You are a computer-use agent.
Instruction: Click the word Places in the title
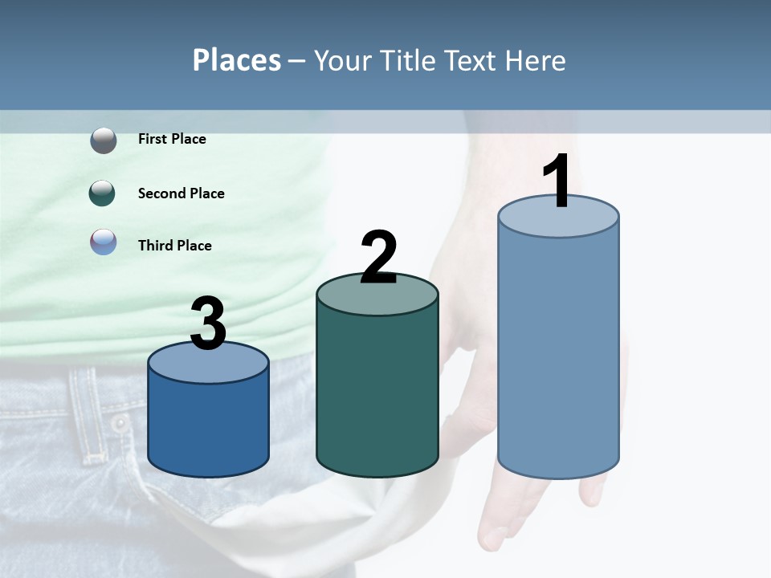pos(236,60)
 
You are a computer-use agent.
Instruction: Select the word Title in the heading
pos(406,60)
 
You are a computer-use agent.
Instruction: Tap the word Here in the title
pos(535,60)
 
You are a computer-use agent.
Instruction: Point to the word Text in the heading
pos(471,60)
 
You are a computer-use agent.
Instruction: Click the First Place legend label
pos(172,139)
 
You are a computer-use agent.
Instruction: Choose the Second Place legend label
pos(181,193)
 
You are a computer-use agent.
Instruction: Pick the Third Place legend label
pos(174,246)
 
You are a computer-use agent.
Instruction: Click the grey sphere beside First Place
pos(103,140)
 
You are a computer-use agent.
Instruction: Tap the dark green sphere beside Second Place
pos(102,193)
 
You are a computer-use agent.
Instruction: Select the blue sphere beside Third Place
pos(103,242)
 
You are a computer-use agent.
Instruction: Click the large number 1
pos(557,183)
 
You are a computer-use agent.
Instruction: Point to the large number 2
pos(378,258)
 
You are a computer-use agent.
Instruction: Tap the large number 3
pos(208,324)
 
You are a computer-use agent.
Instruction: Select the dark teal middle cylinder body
pos(377,393)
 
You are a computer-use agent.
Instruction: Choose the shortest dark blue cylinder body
pos(208,425)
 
